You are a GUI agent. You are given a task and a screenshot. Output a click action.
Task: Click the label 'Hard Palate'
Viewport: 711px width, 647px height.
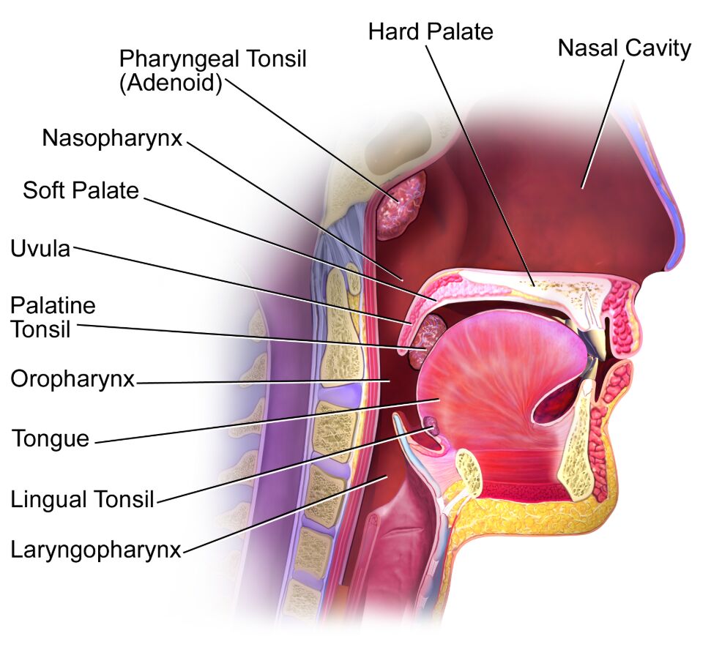pos(431,31)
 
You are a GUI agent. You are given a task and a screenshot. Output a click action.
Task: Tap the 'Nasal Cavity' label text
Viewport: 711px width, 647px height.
pos(624,48)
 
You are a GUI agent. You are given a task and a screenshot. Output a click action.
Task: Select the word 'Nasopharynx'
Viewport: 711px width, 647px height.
pos(112,138)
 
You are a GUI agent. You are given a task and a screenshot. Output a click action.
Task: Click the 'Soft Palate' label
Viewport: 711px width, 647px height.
pos(81,190)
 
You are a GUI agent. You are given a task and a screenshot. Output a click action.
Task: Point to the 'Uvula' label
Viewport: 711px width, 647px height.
pos(40,249)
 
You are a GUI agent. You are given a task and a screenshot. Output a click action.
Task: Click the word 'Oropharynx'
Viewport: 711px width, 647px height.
pos(72,379)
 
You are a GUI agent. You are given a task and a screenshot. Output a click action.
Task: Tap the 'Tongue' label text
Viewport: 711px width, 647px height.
pos(51,438)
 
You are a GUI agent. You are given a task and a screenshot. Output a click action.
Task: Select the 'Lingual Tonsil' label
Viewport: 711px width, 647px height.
pos(83,499)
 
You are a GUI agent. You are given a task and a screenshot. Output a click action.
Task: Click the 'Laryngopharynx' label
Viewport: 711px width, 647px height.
pos(96,550)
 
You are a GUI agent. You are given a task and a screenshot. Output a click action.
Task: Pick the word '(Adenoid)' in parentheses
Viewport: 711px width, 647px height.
pos(171,83)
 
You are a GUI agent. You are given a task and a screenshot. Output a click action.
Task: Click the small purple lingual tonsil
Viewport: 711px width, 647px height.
pos(430,426)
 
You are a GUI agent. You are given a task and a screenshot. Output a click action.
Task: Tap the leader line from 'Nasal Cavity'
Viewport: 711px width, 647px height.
pos(603,124)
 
